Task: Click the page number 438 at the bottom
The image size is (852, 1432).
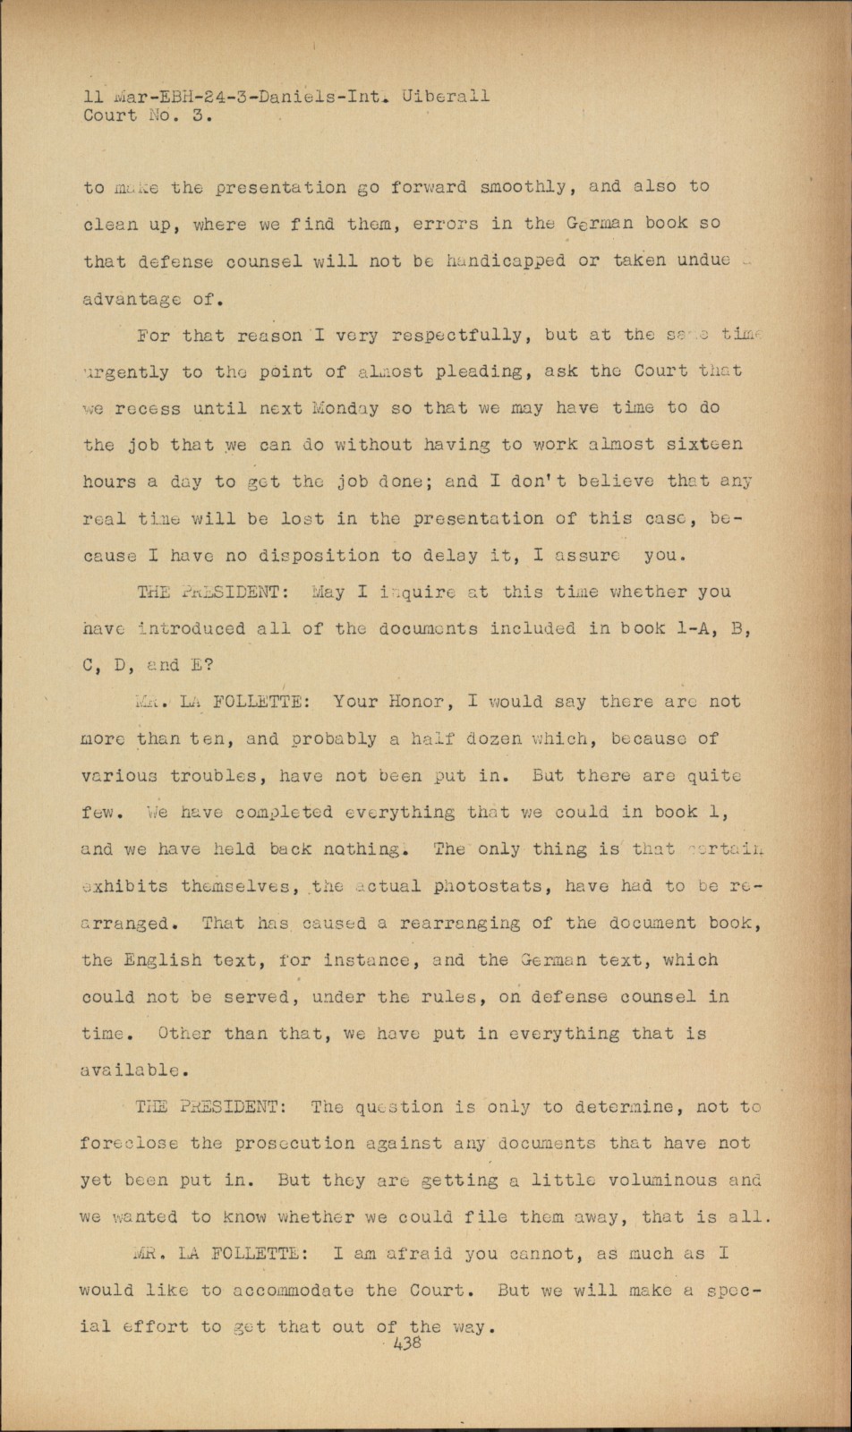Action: (x=407, y=1342)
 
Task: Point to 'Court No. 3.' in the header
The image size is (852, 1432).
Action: (x=143, y=115)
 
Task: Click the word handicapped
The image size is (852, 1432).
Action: (x=507, y=260)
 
